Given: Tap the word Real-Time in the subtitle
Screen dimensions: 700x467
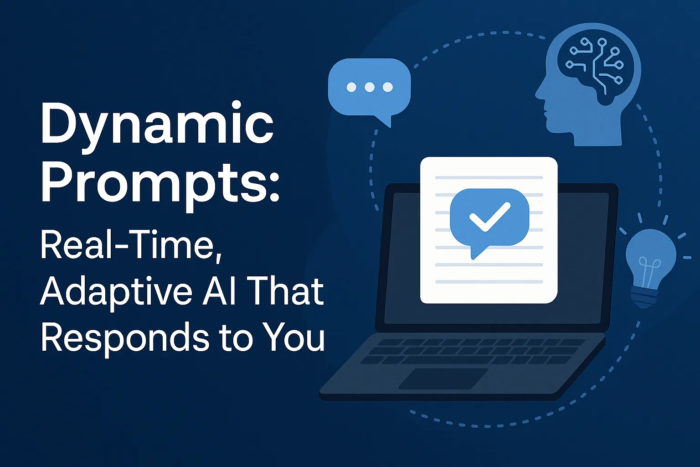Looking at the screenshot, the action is click(x=131, y=245).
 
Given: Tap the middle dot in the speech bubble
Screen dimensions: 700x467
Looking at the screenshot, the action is click(x=370, y=87).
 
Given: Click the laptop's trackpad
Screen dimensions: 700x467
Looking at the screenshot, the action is click(x=443, y=379).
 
